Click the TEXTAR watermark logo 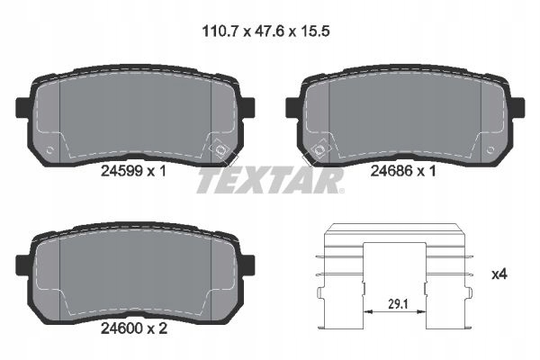(x=270, y=182)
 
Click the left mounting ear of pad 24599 (x=24, y=108)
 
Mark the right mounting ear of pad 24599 (x=247, y=108)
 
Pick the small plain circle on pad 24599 (x=50, y=149)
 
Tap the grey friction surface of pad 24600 (x=135, y=270)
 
